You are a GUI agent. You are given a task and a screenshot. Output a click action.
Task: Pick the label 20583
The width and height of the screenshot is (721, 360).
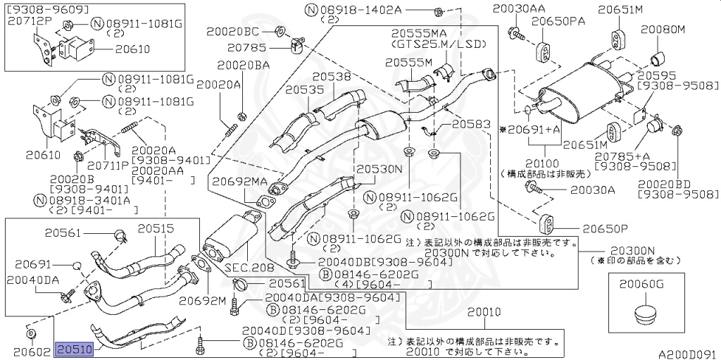click(471, 124)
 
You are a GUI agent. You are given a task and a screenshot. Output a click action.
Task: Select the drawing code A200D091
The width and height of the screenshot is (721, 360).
click(687, 354)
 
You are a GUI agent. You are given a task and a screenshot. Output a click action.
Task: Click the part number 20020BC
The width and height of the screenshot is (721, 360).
click(232, 32)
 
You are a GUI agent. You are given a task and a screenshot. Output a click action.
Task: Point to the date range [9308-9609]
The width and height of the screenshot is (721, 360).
click(47, 9)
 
